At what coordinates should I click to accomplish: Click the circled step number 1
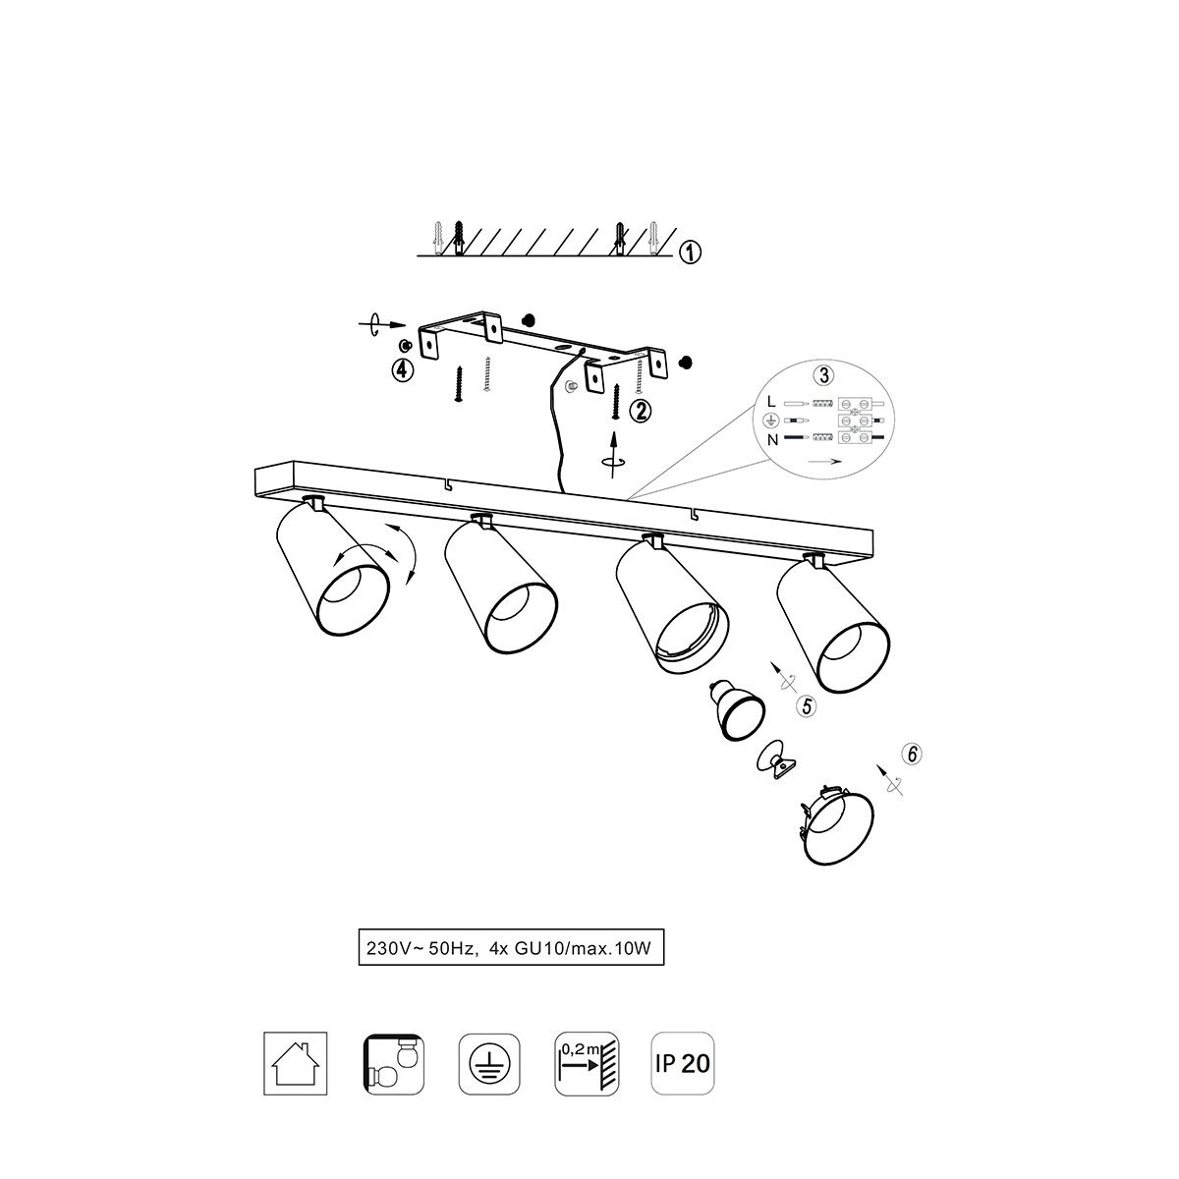pos(690,252)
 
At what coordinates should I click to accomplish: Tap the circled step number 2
pos(640,411)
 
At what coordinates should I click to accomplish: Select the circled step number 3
pos(823,375)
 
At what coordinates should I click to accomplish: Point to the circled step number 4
pos(402,370)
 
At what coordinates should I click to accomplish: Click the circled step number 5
pos(807,706)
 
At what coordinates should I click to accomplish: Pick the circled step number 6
pos(912,754)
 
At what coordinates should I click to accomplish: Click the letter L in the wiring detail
pos(771,402)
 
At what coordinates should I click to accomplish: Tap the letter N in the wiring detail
pos(772,439)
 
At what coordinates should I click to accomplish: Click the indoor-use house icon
pos(295,1063)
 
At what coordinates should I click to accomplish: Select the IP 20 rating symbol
pos(682,1063)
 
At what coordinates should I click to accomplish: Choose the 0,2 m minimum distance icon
pos(587,1063)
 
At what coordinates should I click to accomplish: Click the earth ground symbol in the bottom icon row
pos(489,1063)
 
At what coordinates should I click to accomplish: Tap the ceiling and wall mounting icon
pos(393,1063)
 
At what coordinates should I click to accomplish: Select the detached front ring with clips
pos(836,826)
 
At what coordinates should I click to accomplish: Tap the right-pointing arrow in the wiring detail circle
pos(824,462)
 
